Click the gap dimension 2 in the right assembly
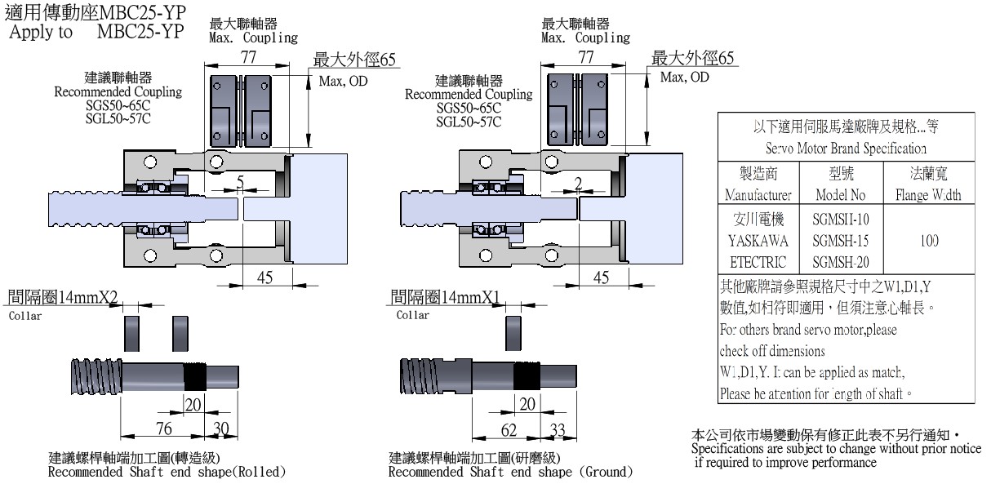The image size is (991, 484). [578, 183]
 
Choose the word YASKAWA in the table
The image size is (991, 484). [756, 241]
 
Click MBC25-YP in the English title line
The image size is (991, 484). [140, 32]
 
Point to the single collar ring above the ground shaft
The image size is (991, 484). [513, 332]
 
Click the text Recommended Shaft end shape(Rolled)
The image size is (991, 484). [167, 471]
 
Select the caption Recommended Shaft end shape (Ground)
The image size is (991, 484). [510, 471]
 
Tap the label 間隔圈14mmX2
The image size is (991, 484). [62, 296]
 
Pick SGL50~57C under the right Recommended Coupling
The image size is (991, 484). [468, 120]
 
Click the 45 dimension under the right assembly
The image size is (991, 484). [601, 278]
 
